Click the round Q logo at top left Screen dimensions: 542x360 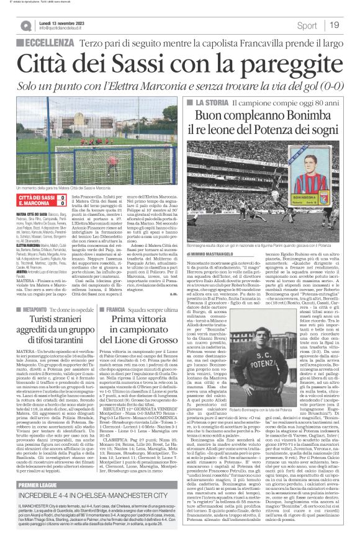point(25,25)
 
